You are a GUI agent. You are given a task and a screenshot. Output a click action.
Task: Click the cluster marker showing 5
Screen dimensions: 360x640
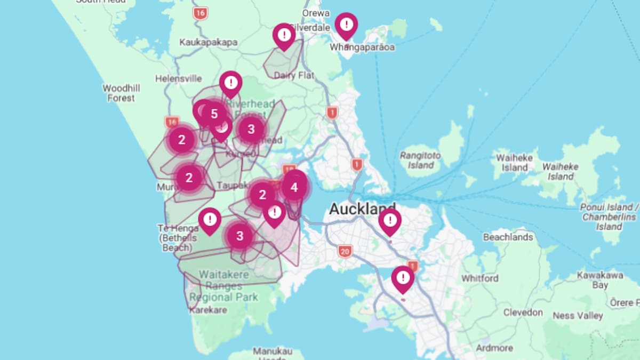click(x=214, y=114)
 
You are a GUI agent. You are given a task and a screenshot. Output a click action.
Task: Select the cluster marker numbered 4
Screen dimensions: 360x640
click(x=294, y=187)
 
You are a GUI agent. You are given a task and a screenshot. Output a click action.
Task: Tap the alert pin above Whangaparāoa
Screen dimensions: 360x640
click(x=347, y=25)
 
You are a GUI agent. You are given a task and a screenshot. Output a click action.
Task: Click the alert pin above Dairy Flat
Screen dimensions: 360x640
click(x=284, y=35)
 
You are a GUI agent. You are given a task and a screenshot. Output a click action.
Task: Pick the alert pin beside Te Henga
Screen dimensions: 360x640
click(x=210, y=219)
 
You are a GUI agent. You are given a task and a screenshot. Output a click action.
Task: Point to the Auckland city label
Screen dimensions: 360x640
click(x=362, y=209)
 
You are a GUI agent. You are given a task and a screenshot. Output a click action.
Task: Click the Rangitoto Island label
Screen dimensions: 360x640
click(x=421, y=160)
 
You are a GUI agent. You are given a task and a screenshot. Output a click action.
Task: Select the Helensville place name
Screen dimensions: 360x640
click(x=179, y=78)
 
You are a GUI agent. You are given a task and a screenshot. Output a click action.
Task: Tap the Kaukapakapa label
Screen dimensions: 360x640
click(x=209, y=42)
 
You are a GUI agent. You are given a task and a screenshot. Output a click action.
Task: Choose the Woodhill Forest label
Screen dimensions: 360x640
click(x=121, y=93)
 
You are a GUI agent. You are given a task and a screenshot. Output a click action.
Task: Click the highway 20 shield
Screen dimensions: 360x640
click(x=345, y=251)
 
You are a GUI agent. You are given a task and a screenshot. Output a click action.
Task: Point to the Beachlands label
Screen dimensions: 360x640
click(x=508, y=237)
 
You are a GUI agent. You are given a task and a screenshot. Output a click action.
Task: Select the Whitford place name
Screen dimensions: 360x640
click(x=480, y=278)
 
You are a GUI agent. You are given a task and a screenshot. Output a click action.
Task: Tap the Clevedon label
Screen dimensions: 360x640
click(x=523, y=313)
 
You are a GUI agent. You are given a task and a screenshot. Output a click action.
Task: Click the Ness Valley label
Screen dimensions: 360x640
click(x=578, y=316)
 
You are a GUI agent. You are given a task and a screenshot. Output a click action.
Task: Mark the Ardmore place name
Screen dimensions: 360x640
click(x=494, y=348)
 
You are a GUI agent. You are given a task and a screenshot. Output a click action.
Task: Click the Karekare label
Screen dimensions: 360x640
click(x=208, y=310)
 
